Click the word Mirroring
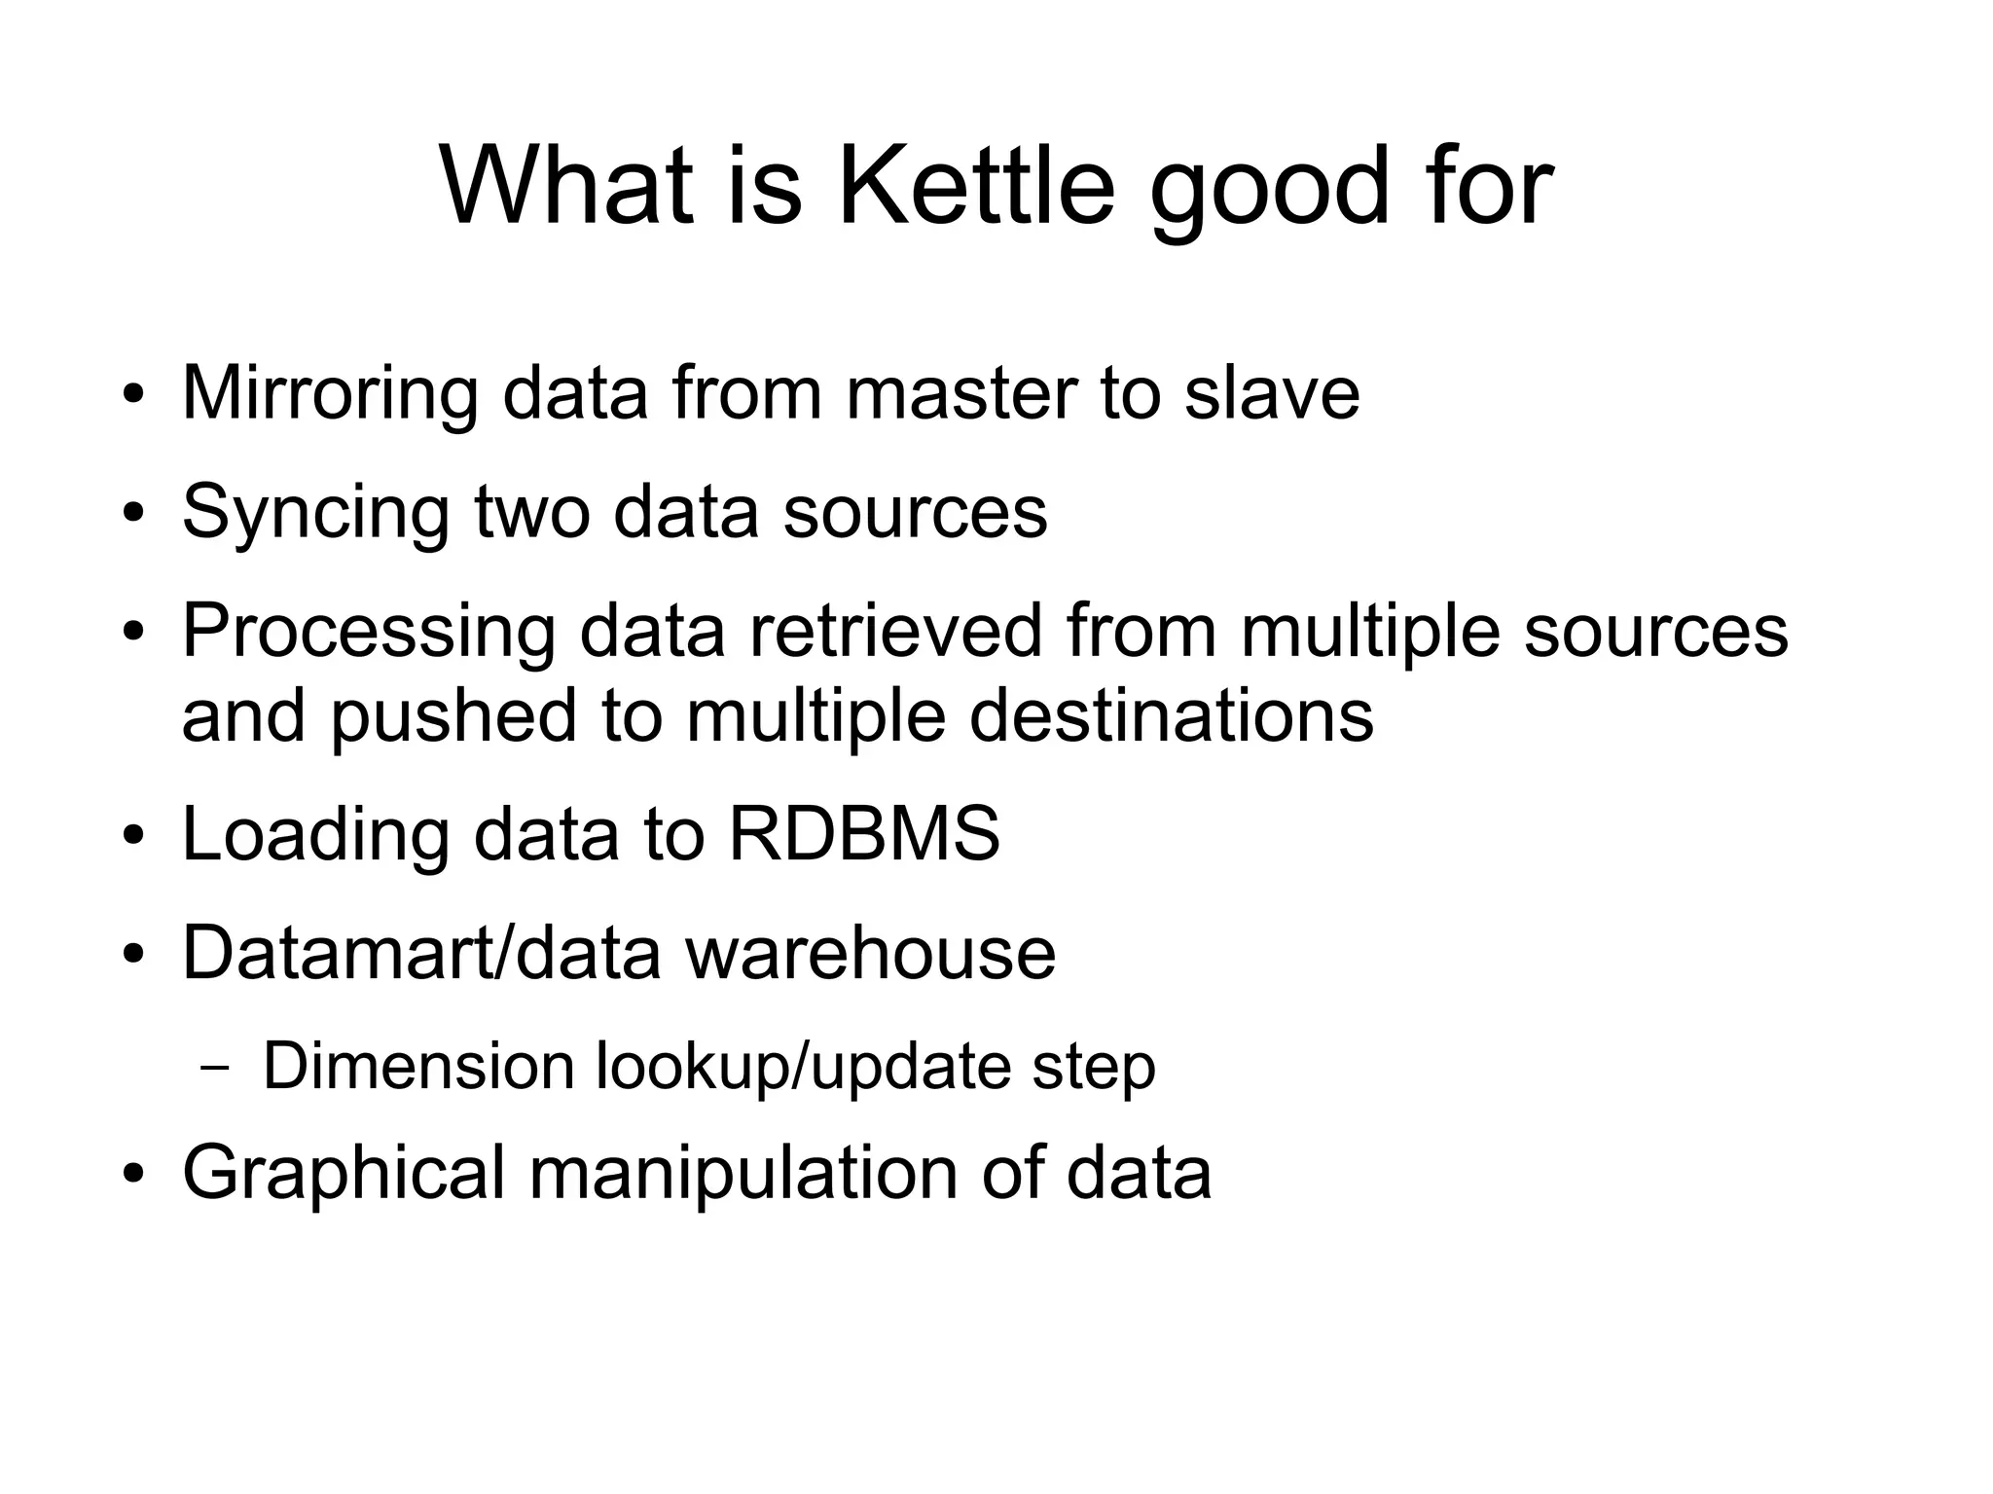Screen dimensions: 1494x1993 (329, 394)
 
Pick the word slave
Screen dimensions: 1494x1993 (1271, 392)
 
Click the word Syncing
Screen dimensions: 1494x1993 (314, 513)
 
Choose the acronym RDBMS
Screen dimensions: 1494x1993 (864, 833)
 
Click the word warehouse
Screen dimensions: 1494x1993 (871, 952)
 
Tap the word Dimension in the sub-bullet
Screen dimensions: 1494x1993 (419, 1066)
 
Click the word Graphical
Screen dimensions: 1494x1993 (344, 1173)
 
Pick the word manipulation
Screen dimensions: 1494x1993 (743, 1173)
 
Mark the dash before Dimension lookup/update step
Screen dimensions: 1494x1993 (215, 1067)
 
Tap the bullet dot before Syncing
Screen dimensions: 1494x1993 (133, 513)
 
